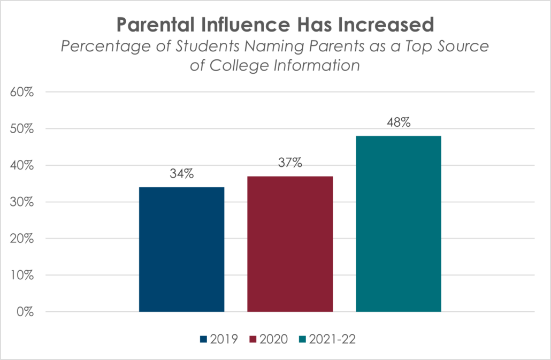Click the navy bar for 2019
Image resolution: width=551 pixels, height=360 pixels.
[x=181, y=249]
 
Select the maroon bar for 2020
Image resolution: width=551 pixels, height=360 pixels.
[x=290, y=244]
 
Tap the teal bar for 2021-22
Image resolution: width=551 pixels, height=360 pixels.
[x=399, y=224]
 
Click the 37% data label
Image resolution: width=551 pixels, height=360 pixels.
[x=290, y=163]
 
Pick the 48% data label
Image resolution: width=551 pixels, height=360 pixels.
[x=399, y=122]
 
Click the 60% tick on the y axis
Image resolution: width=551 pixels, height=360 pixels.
[x=22, y=92]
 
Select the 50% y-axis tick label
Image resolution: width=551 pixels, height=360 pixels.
[x=22, y=129]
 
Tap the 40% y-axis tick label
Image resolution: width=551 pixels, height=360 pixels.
[x=22, y=165]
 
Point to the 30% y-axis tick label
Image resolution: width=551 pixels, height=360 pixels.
[x=22, y=202]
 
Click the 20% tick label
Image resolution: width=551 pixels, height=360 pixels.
[x=22, y=239]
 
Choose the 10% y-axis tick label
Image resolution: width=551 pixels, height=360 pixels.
[x=22, y=275]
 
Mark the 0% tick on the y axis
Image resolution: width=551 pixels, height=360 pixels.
[x=25, y=312]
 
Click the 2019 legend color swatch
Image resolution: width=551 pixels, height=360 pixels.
[x=203, y=339]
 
